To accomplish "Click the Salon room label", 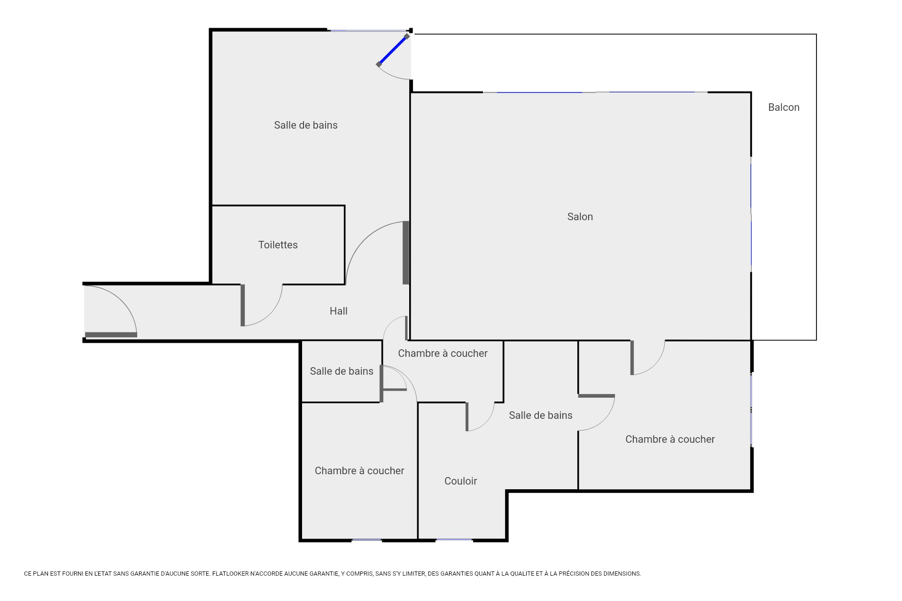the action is tap(580, 216).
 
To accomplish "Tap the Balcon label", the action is tap(784, 107).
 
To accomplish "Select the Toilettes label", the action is tap(278, 245).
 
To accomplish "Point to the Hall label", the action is tap(338, 311).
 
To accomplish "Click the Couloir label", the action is tap(460, 481).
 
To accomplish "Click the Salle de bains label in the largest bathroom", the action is tap(306, 125).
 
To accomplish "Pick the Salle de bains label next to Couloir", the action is tap(541, 415).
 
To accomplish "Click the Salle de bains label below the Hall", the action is tap(342, 371).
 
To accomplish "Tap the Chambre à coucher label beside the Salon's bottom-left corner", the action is tap(443, 353).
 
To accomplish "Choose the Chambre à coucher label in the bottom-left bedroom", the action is tap(359, 470).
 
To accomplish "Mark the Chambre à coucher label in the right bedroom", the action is tap(670, 439).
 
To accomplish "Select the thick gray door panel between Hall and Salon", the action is tap(406, 253).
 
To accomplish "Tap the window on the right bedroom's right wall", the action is tap(751, 409).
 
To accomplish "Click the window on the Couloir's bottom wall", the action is tap(454, 540).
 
